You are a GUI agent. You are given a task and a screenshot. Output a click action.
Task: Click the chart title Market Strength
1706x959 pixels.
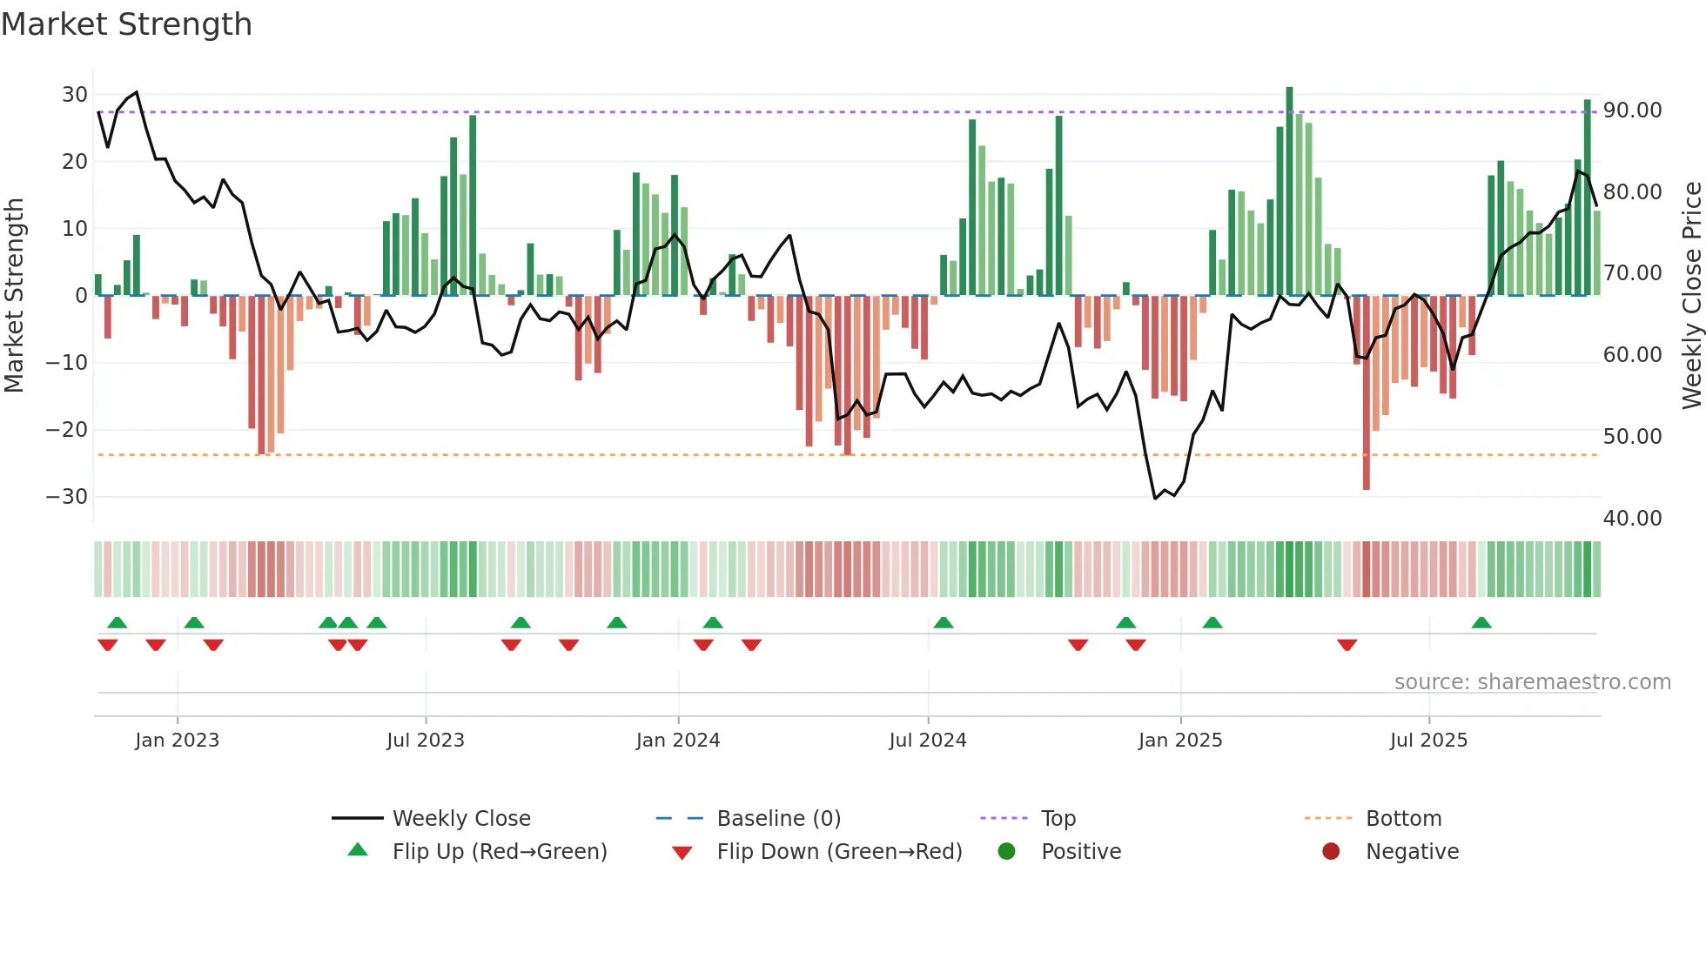coord(127,24)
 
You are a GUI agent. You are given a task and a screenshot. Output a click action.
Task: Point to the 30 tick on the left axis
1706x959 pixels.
coord(75,95)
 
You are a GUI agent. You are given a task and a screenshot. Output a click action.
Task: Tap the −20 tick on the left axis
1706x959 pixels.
coord(68,430)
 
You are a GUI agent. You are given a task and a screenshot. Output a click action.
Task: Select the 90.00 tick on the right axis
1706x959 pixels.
coord(1632,111)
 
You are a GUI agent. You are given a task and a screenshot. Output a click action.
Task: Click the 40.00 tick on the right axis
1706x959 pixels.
coord(1632,519)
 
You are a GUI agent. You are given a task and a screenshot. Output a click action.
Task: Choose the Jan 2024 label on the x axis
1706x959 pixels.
coord(678,741)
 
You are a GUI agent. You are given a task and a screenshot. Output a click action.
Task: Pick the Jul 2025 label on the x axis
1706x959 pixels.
coord(1428,741)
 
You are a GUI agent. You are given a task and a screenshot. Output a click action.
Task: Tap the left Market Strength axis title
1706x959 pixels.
coord(14,296)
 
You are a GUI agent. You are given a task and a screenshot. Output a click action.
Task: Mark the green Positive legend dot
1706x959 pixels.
coord(1007,852)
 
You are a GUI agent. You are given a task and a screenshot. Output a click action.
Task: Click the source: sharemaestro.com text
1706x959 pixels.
coord(1532,682)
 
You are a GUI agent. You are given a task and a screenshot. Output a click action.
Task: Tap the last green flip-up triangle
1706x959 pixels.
coord(1481,623)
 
